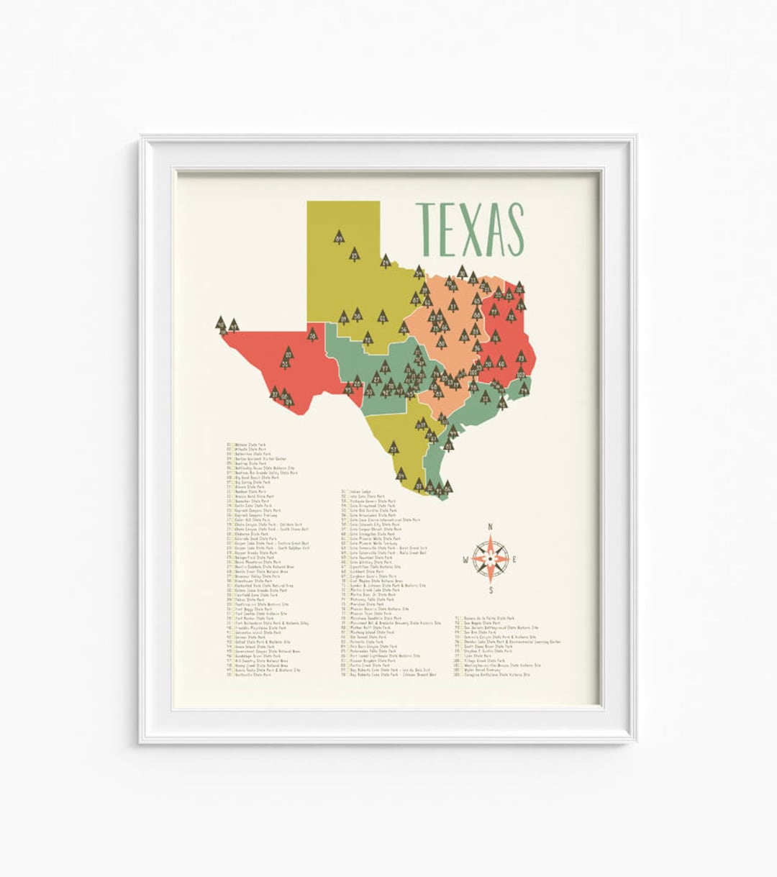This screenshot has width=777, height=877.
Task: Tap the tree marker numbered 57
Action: point(394,447)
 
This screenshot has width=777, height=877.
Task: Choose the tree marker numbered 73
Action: point(521,357)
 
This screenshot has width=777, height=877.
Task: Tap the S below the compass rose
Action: point(491,591)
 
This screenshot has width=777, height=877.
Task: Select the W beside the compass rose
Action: point(465,560)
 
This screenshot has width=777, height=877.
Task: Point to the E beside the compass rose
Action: point(516,560)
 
